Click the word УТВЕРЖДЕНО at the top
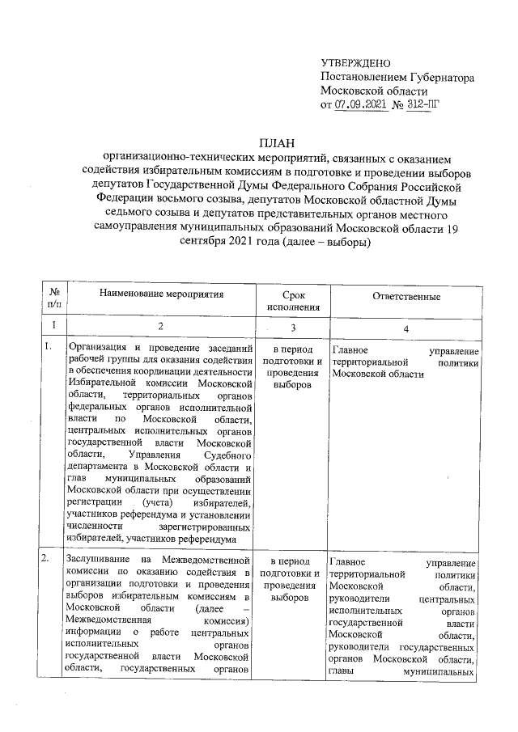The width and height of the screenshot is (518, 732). pos(356,63)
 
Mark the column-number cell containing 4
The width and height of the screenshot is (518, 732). pos(405,325)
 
